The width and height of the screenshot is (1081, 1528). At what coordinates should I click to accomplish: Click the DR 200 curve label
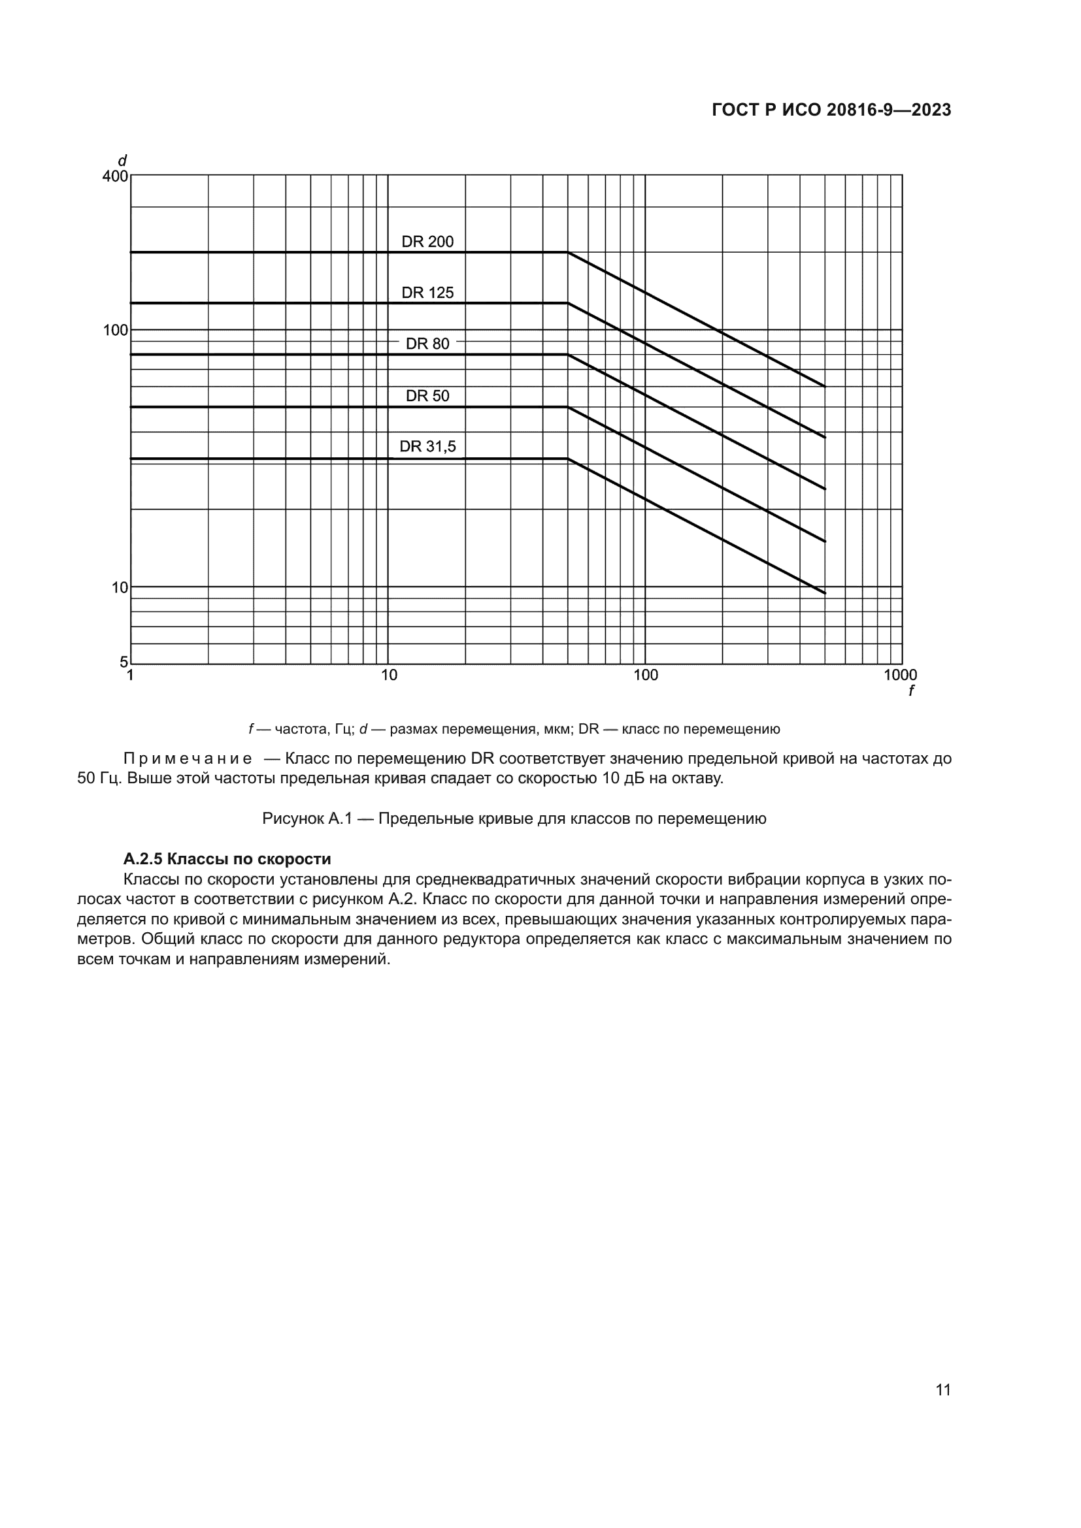427,242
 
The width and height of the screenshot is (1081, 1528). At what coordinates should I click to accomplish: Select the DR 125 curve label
427,293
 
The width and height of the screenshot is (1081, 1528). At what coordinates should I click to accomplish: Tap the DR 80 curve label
427,344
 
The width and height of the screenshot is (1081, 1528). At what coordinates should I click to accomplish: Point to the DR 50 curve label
427,396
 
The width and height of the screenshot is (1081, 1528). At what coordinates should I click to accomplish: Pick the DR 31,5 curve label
427,447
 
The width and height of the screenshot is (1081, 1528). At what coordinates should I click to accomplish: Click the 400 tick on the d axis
115,177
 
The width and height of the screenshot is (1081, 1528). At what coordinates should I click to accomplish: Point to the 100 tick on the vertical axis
115,330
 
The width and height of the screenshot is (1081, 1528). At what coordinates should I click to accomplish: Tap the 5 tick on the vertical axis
123,662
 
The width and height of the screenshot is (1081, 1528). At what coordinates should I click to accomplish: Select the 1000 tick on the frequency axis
900,675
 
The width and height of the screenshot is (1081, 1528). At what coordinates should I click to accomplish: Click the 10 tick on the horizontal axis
389,675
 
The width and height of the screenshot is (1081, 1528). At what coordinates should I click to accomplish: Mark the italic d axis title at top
122,161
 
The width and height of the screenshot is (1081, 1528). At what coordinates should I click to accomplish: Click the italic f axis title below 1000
910,691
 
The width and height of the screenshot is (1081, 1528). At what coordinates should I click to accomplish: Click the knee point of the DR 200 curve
568,252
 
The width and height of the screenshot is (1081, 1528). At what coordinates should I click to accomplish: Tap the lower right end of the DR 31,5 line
825,593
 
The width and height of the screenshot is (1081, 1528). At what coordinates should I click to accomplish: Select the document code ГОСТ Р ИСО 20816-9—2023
831,110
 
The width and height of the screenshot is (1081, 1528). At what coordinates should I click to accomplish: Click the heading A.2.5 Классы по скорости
227,859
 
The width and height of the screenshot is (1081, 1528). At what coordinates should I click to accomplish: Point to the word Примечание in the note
188,758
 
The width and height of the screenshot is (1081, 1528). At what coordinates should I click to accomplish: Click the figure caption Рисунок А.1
514,819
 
